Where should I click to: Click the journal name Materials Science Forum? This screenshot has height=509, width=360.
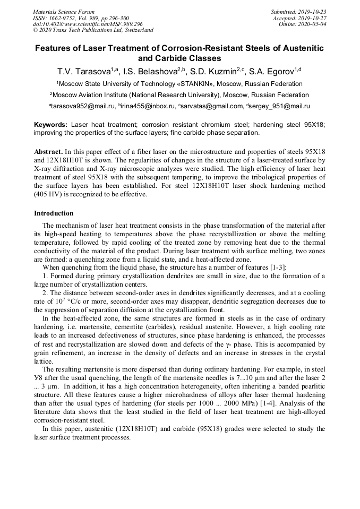[x=64, y=12]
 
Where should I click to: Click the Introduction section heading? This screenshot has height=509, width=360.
[x=54, y=213]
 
